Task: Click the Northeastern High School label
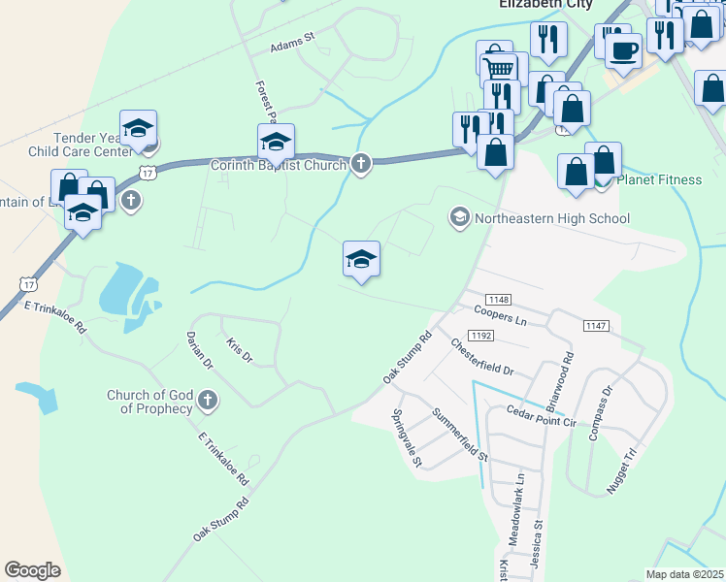point(551,218)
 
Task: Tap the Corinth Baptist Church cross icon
point(361,164)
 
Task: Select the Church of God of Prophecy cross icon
point(207,400)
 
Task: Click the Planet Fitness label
point(659,179)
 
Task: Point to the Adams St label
point(293,44)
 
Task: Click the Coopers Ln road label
point(500,316)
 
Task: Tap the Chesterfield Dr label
point(481,356)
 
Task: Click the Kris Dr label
point(239,351)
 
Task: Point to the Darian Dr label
point(199,351)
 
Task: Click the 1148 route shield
point(500,300)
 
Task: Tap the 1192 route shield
point(482,336)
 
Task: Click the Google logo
point(32,570)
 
